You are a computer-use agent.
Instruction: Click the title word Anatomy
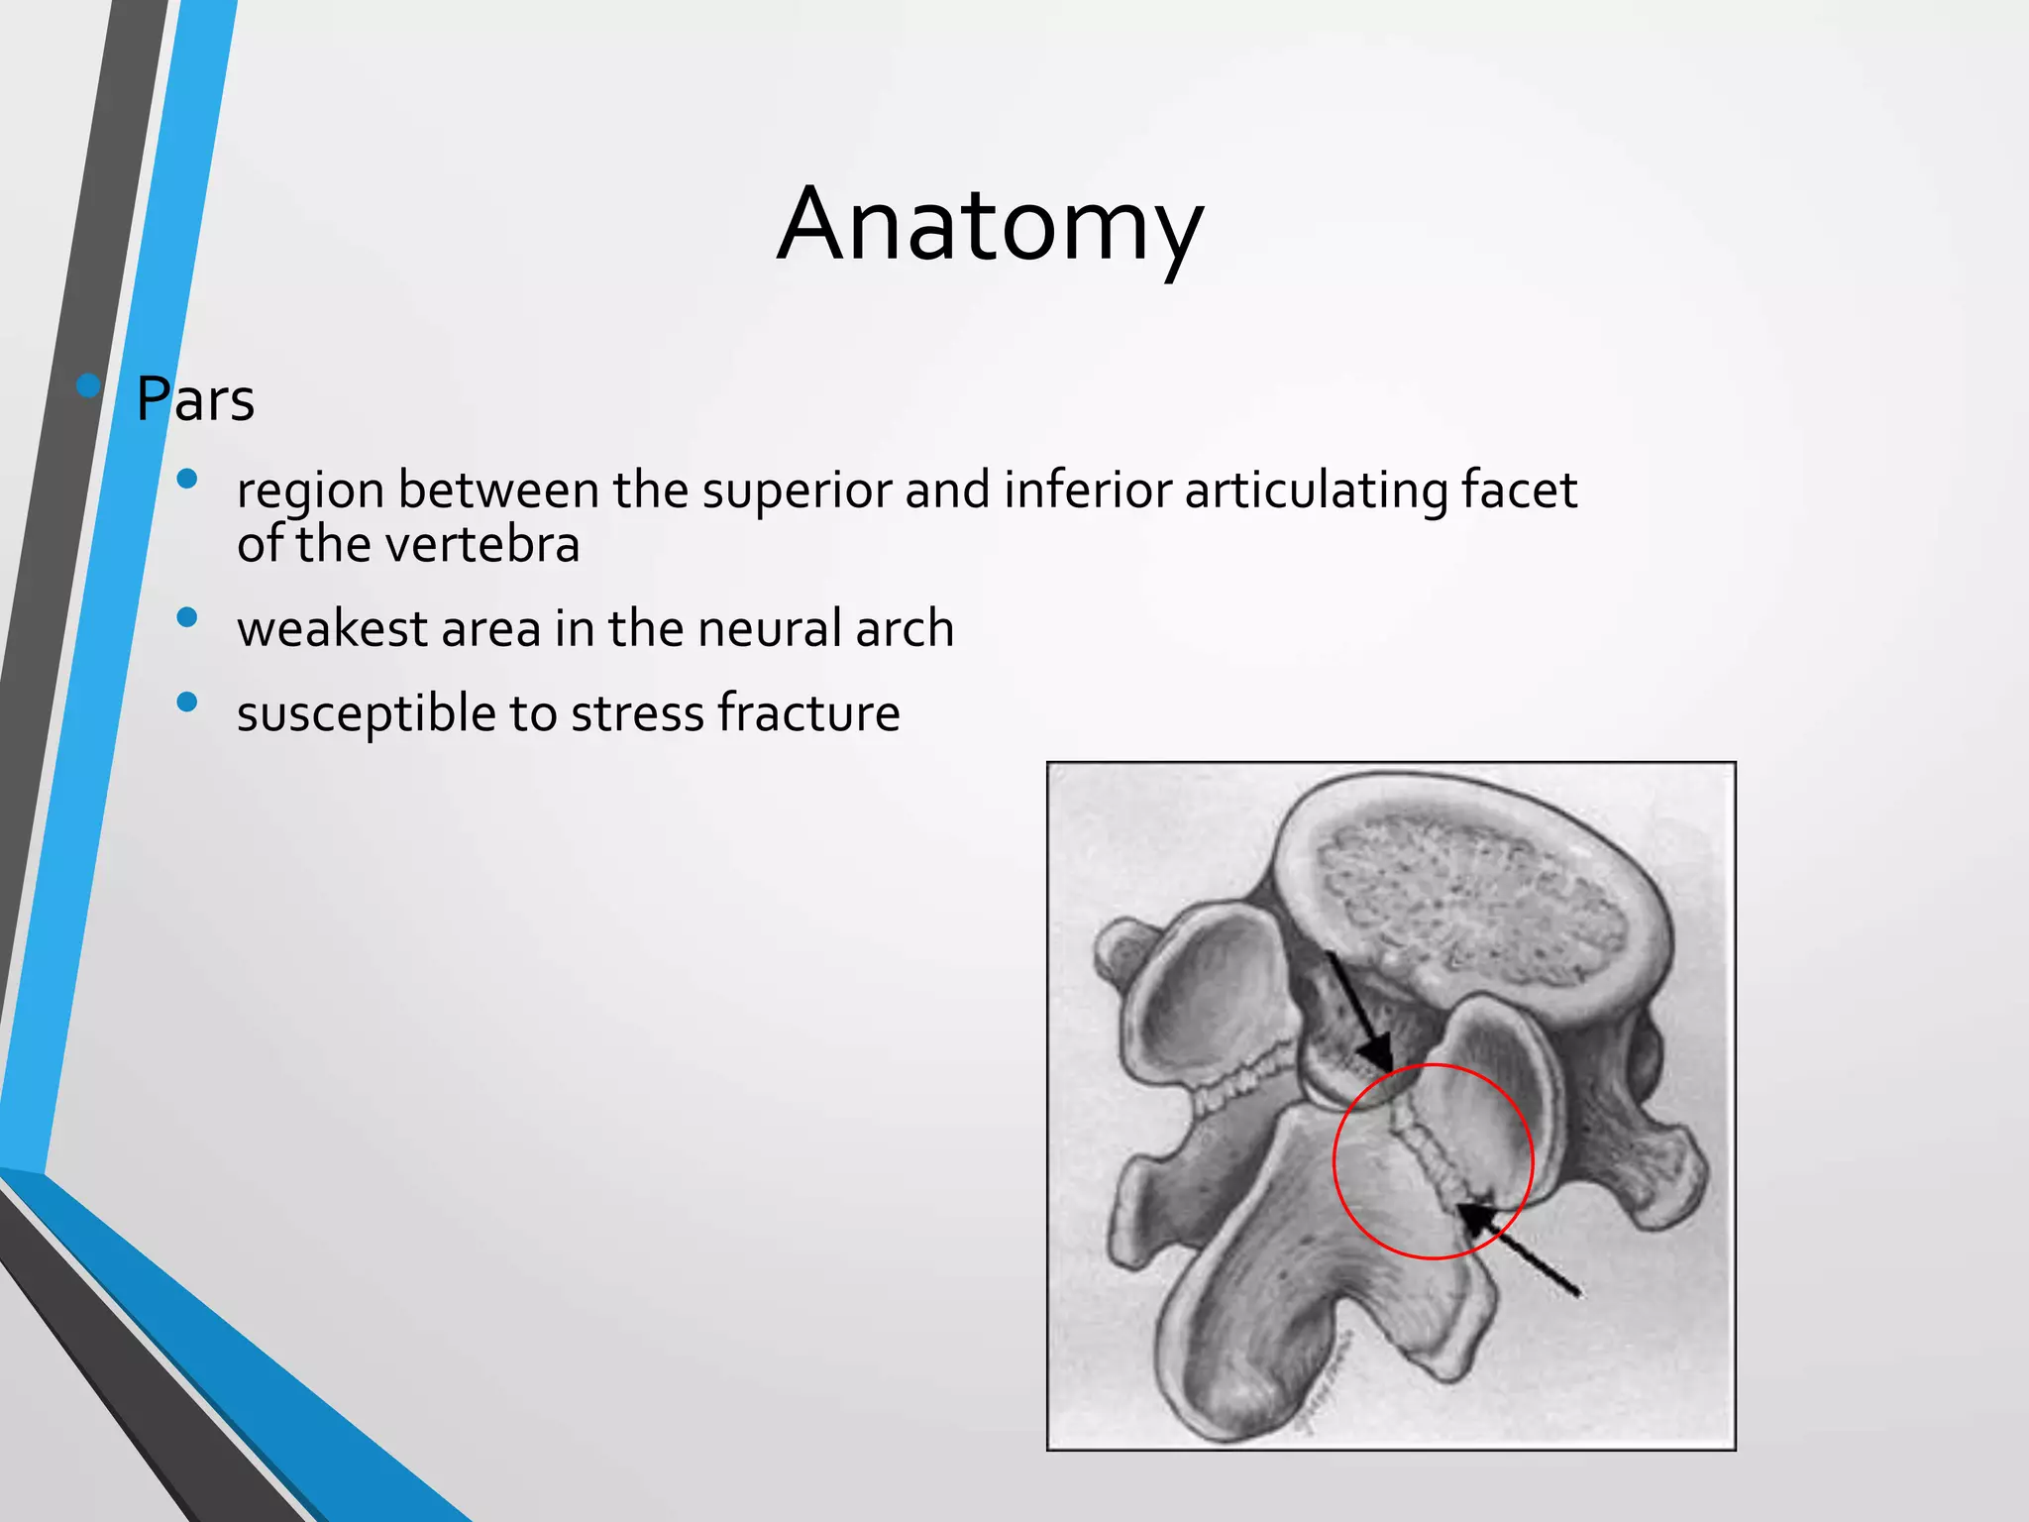pyautogui.click(x=990, y=226)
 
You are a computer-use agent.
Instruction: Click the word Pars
pyautogui.click(x=195, y=399)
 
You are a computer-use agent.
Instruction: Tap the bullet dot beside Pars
pyautogui.click(x=88, y=385)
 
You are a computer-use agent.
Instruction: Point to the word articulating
pyautogui.click(x=1316, y=491)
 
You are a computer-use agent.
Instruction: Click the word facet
pyautogui.click(x=1519, y=489)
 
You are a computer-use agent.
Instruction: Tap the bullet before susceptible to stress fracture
pyautogui.click(x=187, y=703)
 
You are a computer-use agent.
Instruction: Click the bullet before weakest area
pyautogui.click(x=187, y=618)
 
